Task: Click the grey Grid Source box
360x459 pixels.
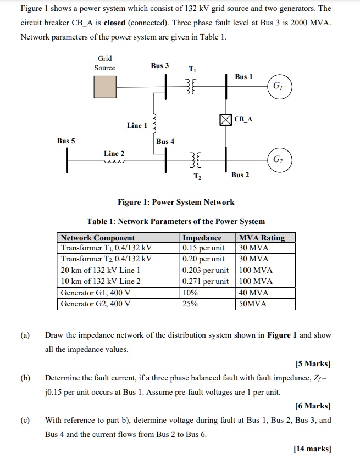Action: coord(104,86)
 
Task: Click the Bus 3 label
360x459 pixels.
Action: coord(160,66)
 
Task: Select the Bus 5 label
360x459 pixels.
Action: coord(66,141)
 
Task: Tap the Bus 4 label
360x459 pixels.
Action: coord(165,142)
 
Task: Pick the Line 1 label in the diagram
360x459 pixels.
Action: coord(137,126)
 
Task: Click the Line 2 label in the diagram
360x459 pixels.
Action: coord(114,153)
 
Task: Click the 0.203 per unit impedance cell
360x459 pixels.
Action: coord(206,270)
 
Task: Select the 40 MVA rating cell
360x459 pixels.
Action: coord(253,293)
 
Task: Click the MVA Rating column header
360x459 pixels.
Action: coord(262,238)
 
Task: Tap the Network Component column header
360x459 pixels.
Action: coord(98,238)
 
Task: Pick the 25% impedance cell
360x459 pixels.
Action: coord(190,304)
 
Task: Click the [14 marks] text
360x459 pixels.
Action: coord(313,449)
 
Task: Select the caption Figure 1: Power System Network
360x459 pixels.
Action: coord(176,202)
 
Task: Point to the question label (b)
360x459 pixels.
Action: coord(26,378)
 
